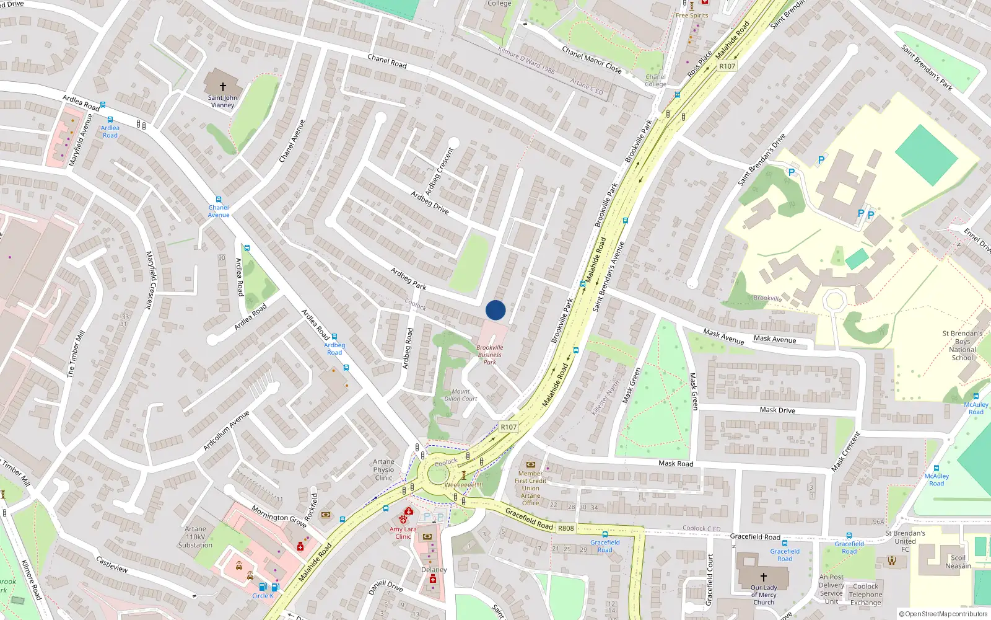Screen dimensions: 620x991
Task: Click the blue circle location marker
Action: pyautogui.click(x=495, y=310)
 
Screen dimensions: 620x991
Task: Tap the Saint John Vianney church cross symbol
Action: pyautogui.click(x=223, y=87)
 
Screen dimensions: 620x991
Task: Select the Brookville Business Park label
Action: pyautogui.click(x=490, y=355)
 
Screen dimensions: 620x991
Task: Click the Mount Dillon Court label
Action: pyautogui.click(x=461, y=395)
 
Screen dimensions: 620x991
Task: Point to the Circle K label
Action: pyautogui.click(x=263, y=596)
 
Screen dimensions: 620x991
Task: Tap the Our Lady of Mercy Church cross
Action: pyautogui.click(x=764, y=577)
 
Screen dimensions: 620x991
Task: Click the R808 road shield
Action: pyautogui.click(x=565, y=528)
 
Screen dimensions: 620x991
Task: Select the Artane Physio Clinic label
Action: pyautogui.click(x=383, y=469)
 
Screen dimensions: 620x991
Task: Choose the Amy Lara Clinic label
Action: pyautogui.click(x=403, y=533)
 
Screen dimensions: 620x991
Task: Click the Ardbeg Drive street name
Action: pyautogui.click(x=430, y=203)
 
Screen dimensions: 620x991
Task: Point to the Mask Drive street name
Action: pyautogui.click(x=777, y=410)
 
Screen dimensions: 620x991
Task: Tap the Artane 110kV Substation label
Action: pyautogui.click(x=195, y=537)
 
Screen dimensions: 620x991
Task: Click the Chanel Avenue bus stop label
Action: pyautogui.click(x=219, y=211)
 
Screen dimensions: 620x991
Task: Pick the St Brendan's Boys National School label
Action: pyautogui.click(x=962, y=345)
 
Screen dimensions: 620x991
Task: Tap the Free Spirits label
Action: pyautogui.click(x=692, y=15)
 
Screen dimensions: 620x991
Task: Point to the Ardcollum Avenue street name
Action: pyautogui.click(x=226, y=430)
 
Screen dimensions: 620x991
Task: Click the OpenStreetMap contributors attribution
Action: pyautogui.click(x=943, y=614)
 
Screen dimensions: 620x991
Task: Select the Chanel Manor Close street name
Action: pyautogui.click(x=592, y=60)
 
